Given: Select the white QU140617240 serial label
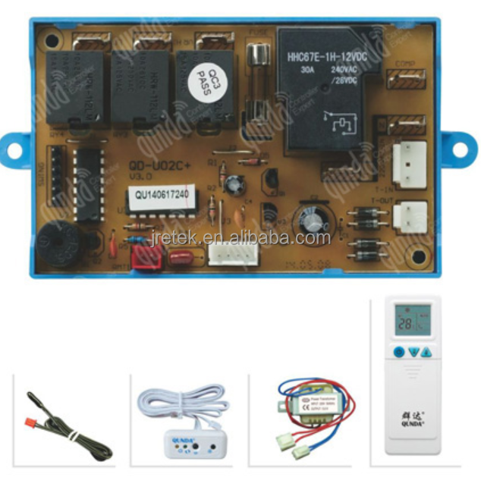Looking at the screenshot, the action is pos(161,193).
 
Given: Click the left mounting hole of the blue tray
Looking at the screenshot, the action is pos(14,149).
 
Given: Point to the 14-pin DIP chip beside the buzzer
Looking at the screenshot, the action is pos(89,184).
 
